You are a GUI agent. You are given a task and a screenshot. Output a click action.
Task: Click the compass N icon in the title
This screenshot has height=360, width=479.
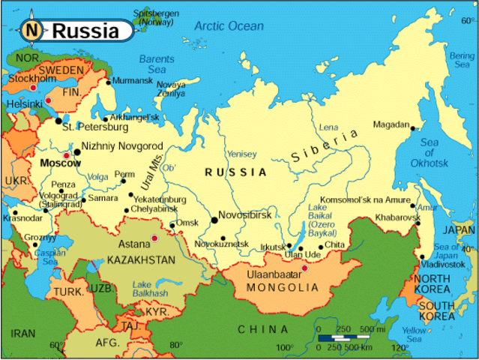(x=31, y=31)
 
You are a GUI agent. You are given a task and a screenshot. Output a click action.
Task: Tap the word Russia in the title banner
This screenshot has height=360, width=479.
(x=85, y=31)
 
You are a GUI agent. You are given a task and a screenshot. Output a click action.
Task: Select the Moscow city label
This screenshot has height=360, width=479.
(x=59, y=163)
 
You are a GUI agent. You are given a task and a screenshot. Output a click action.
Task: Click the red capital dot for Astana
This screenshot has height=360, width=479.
(x=155, y=238)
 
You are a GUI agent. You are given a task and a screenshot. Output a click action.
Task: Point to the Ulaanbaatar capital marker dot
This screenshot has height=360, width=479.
(x=304, y=268)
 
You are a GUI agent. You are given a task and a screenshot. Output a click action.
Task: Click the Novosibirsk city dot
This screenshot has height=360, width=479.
(x=215, y=220)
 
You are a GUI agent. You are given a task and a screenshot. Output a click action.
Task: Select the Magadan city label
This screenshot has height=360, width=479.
(x=391, y=125)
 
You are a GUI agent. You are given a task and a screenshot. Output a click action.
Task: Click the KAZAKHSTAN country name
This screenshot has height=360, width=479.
(x=141, y=260)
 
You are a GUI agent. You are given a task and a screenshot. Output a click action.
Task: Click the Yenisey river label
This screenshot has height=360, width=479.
(x=241, y=154)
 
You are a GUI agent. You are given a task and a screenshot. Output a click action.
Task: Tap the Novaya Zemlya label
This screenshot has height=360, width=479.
(x=171, y=88)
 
